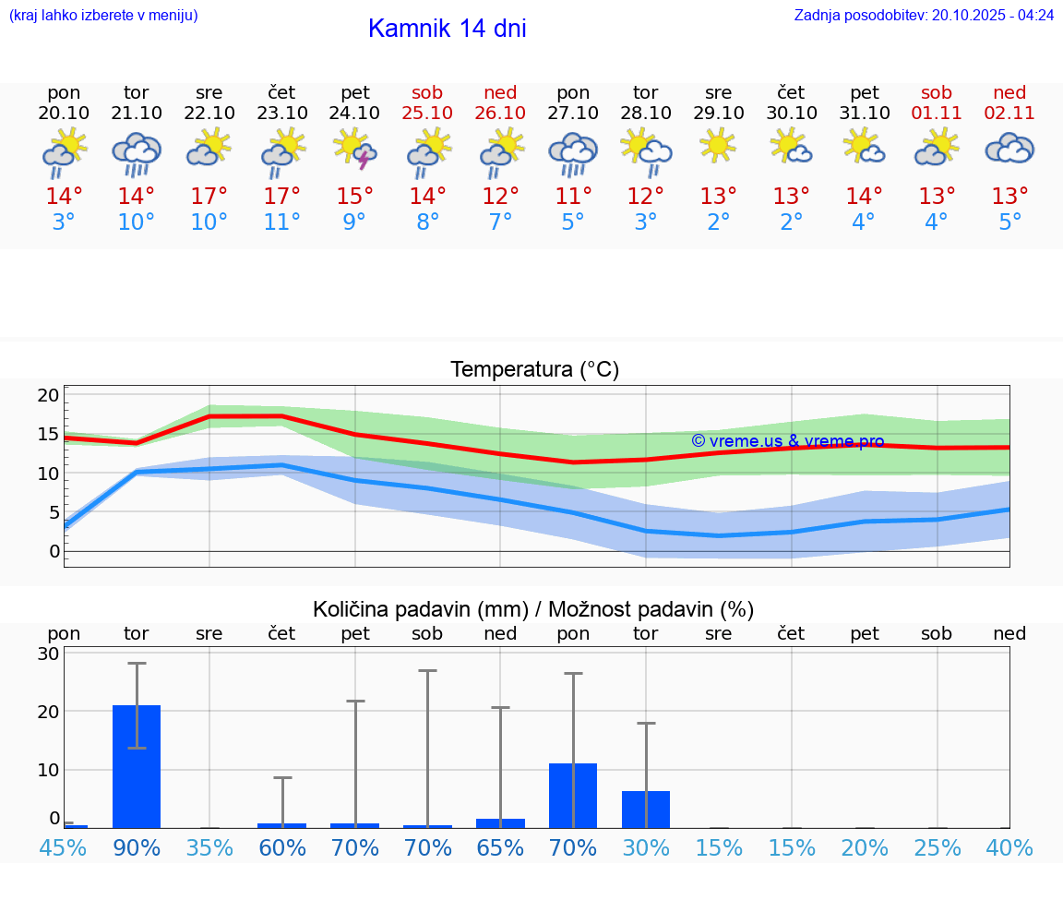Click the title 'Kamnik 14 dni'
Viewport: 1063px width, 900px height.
(x=447, y=29)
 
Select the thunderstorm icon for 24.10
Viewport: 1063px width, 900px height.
(x=355, y=150)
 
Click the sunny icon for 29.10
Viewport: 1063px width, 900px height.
(x=718, y=146)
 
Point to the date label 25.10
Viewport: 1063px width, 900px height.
(x=427, y=113)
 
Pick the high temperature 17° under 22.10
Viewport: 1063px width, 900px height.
(x=209, y=196)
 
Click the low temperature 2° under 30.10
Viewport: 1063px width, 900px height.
(x=791, y=222)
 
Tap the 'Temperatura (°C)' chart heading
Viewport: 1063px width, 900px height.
(x=534, y=370)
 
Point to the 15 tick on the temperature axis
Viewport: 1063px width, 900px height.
(x=48, y=434)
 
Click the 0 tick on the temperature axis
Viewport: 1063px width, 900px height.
(x=54, y=552)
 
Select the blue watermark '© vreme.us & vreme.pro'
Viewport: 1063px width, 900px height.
(x=788, y=441)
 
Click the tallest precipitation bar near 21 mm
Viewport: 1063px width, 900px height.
(x=137, y=766)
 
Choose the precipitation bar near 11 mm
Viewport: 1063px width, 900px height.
(x=573, y=795)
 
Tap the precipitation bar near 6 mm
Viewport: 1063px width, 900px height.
(x=646, y=809)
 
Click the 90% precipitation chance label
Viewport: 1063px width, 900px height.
(x=137, y=847)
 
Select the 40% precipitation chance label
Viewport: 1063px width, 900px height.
(x=1009, y=847)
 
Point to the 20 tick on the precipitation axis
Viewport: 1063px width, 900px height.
(x=48, y=712)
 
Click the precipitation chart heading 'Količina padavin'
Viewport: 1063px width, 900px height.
(x=533, y=609)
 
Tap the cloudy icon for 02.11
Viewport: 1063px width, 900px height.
(x=1009, y=149)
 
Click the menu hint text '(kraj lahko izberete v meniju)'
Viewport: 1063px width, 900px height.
(x=103, y=15)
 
